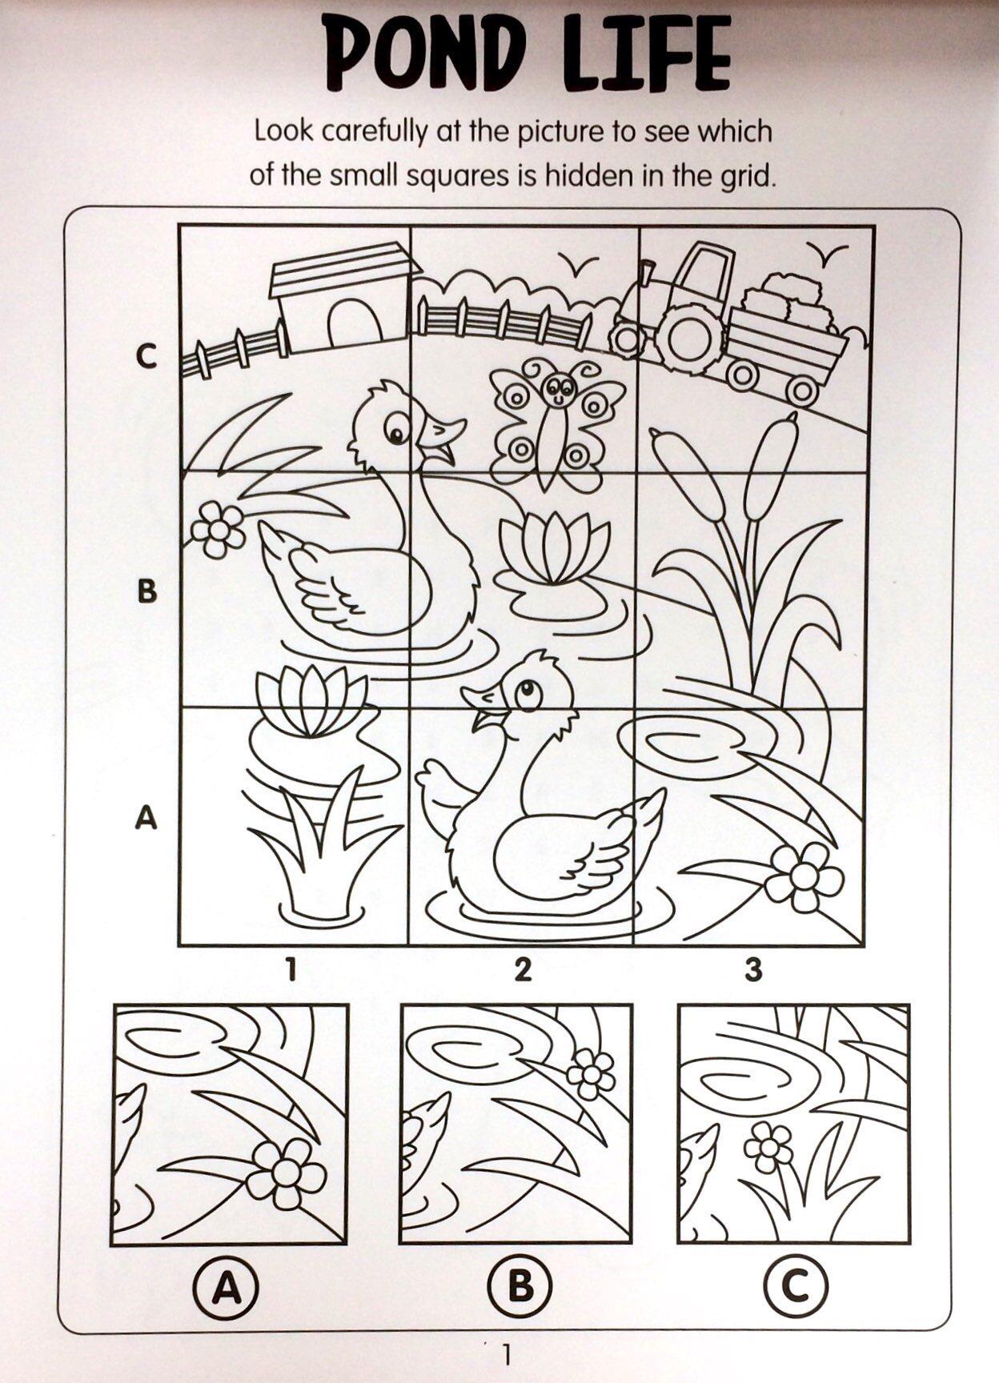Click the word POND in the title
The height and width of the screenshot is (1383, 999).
(x=423, y=54)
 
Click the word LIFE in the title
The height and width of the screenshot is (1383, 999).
(x=649, y=53)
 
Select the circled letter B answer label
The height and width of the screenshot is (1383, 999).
(x=520, y=1285)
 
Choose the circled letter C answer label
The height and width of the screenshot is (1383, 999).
(x=796, y=1285)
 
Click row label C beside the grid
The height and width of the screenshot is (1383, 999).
(x=146, y=356)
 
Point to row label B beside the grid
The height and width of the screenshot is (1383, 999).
(x=147, y=591)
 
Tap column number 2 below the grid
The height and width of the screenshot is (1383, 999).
(x=523, y=970)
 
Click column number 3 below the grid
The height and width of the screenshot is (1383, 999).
(x=753, y=970)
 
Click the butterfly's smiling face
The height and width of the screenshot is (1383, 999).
(x=558, y=388)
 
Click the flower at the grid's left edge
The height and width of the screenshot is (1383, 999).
(x=217, y=528)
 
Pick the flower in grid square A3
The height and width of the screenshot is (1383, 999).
(x=803, y=877)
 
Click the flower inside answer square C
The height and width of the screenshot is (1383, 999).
(x=770, y=1147)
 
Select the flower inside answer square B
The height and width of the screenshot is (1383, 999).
(x=591, y=1073)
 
